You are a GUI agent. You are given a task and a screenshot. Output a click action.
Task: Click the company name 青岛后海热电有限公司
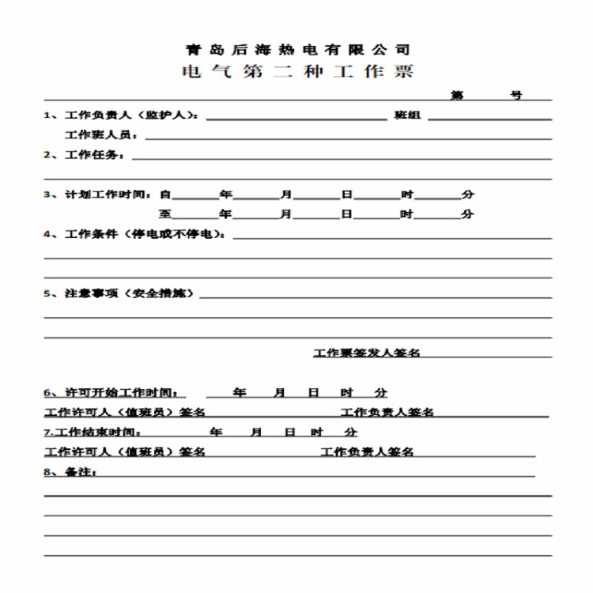pos(296,49)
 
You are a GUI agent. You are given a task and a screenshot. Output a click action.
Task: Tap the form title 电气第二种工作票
pos(296,72)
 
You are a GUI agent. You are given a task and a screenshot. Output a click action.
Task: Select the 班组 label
pos(408,115)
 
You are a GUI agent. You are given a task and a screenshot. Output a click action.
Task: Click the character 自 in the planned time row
pos(165,194)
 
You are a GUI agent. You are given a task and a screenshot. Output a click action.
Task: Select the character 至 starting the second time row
pos(165,213)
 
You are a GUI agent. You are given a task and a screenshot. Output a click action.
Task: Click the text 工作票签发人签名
pos(367,353)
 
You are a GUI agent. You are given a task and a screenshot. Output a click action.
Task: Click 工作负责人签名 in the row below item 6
pos(387,412)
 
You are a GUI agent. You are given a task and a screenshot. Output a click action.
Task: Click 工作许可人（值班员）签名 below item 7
pos(125,452)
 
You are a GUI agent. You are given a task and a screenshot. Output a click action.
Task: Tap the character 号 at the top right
pos(516,96)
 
